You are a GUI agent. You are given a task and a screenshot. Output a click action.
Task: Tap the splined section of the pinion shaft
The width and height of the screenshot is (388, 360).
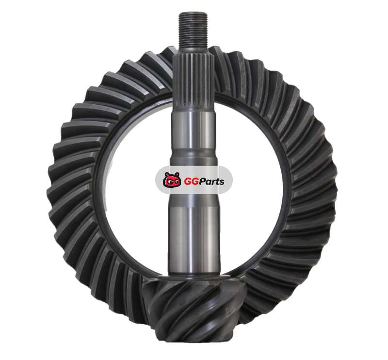[193, 82]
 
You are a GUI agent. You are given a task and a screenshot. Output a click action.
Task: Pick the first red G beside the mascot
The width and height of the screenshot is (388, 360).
[188, 182]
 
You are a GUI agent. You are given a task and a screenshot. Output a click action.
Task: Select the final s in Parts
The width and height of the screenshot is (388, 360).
[222, 183]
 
